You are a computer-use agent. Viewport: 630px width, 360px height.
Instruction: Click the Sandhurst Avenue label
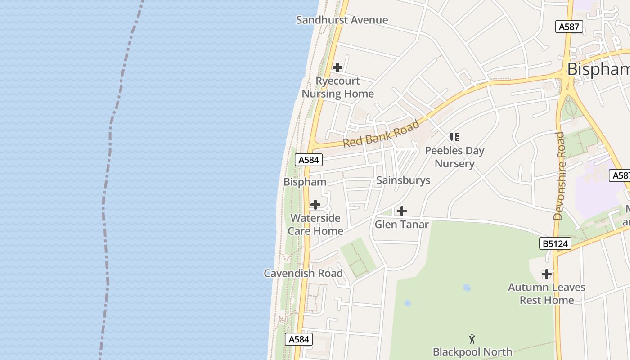point(342,20)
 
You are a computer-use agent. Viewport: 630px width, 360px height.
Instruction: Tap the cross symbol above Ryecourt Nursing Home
point(337,67)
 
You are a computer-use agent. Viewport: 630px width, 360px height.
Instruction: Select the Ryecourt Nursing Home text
point(337,87)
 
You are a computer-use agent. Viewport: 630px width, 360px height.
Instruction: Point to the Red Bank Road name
point(381,134)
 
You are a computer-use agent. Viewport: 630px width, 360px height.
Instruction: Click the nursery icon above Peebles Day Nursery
point(454,137)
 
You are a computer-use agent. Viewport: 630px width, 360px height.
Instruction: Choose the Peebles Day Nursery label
point(454,157)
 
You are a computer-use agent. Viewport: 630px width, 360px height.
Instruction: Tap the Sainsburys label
point(403,180)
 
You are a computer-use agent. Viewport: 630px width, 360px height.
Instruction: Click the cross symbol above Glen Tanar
point(401,211)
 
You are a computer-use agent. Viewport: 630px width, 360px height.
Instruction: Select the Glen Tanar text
point(401,224)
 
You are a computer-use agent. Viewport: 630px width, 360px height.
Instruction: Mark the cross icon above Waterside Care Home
point(315,205)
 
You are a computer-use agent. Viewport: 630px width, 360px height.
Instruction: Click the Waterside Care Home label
point(315,225)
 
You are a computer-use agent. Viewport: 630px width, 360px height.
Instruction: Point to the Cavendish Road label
point(303,273)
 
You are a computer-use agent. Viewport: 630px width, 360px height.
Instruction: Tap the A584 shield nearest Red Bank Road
point(309,160)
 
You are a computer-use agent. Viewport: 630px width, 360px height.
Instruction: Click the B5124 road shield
point(555,244)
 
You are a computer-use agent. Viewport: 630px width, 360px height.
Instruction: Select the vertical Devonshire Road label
point(559,176)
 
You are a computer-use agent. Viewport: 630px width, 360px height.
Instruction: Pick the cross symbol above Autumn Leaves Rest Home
point(546,274)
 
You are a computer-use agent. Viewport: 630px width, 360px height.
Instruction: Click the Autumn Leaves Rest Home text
point(546,293)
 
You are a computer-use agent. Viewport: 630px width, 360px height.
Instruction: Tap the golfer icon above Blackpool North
point(472,339)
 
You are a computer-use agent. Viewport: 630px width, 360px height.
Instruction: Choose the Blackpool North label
point(472,351)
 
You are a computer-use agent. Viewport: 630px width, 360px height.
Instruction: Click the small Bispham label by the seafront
point(305,182)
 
